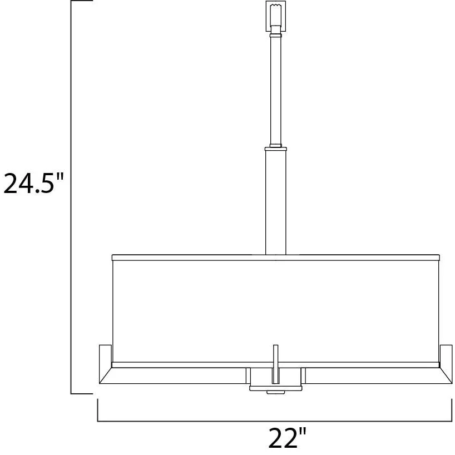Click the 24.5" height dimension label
[33, 183]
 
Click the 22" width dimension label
[287, 437]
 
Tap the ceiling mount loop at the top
[276, 16]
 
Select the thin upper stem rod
[276, 90]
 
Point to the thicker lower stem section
[276, 202]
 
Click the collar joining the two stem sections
[276, 149]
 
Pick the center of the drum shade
[276, 311]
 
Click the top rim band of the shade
[276, 258]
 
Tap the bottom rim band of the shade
[276, 365]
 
